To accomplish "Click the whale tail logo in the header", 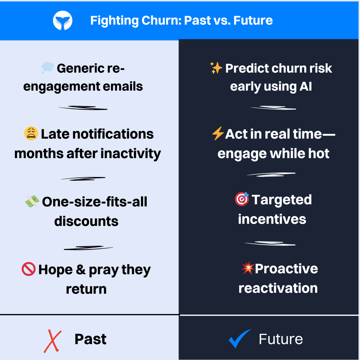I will (x=63, y=21).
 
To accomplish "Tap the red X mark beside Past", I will (x=53, y=341).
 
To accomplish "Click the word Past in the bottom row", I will (x=90, y=339).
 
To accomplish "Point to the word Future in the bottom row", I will (x=280, y=339).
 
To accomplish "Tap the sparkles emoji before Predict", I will (x=216, y=68).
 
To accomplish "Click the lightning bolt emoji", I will (x=217, y=133).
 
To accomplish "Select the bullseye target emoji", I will (x=242, y=199).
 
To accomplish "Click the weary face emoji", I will (x=31, y=133).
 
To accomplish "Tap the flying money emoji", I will (x=32, y=201).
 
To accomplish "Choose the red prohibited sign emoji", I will (x=29, y=269).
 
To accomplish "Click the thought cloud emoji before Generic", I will (x=47, y=68).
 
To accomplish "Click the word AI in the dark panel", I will (x=306, y=87).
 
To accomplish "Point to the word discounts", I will (x=86, y=221).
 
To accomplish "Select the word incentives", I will (x=272, y=219).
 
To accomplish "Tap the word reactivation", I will (x=278, y=288).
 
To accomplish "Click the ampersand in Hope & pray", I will (x=81, y=270).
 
